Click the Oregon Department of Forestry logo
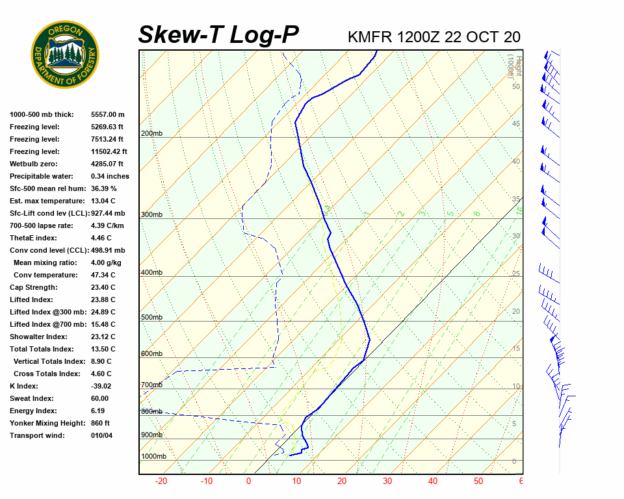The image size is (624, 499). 65,55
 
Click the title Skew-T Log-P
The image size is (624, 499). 218,35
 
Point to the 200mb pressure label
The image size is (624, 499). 151,134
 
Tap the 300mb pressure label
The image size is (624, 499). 151,214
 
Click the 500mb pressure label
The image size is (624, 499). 151,317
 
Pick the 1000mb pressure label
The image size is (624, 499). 153,456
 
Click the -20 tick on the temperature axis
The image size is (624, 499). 161,481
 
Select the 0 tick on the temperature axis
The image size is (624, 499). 248,481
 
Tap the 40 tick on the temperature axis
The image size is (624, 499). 432,481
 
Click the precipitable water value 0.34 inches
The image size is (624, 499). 110,176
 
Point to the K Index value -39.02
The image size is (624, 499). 102,386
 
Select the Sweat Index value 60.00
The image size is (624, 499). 100,398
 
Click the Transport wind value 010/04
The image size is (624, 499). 101,435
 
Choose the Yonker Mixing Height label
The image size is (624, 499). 46,423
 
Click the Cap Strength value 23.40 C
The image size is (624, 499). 103,287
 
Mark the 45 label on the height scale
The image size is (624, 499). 516,123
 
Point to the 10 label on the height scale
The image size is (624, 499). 516,387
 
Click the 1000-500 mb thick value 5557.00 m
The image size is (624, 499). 107,114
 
